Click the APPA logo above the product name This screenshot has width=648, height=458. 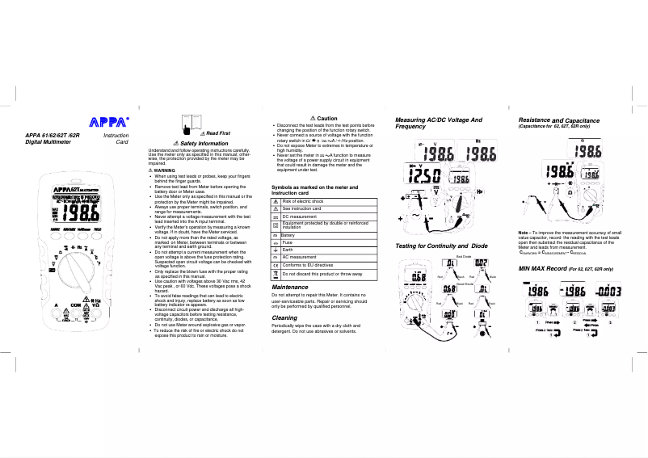(x=107, y=123)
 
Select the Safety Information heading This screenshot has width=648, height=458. (x=207, y=143)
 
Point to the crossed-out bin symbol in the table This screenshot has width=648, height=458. (x=276, y=275)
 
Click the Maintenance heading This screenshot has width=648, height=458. (x=289, y=288)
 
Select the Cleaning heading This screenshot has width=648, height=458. (x=284, y=318)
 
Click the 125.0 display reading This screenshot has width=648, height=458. (x=423, y=176)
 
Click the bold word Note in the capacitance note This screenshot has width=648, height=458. (x=524, y=233)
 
